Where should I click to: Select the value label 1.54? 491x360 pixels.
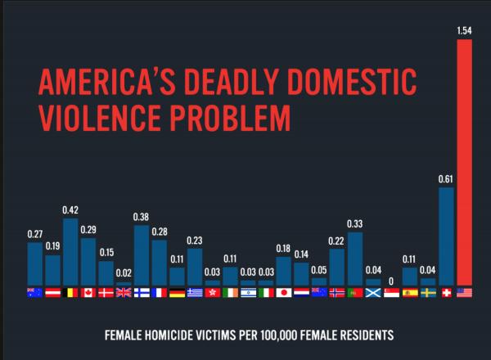pyautogui.click(x=464, y=31)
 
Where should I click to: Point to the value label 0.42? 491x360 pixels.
pyautogui.click(x=70, y=210)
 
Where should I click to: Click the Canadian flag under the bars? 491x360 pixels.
pyautogui.click(x=88, y=292)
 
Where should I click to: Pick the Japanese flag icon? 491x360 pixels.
pyautogui.click(x=284, y=292)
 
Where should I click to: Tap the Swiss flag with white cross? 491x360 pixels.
pyautogui.click(x=446, y=292)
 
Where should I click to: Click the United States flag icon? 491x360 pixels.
pyautogui.click(x=464, y=292)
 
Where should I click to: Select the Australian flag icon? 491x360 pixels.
pyautogui.click(x=34, y=292)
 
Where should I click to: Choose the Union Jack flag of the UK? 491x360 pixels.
pyautogui.click(x=124, y=292)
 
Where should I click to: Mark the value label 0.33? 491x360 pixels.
pyautogui.click(x=355, y=223)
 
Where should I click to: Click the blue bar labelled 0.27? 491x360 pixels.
pyautogui.click(x=34, y=263)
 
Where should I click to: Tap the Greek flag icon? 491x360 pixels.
pyautogui.click(x=195, y=292)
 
